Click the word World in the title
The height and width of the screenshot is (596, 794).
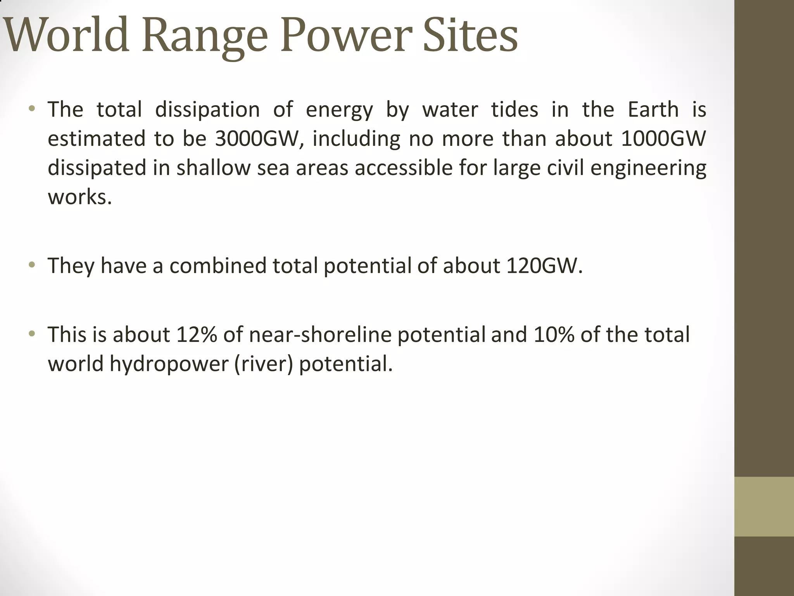click(x=66, y=36)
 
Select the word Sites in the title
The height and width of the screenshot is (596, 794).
click(x=470, y=36)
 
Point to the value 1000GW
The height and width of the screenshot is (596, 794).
click(x=663, y=139)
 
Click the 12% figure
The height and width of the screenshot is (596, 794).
click(x=197, y=334)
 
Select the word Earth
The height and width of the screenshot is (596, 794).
click(x=653, y=109)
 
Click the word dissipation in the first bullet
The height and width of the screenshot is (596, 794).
click(x=207, y=109)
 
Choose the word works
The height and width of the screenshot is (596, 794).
click(x=79, y=197)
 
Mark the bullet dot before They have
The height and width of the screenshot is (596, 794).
click(x=32, y=265)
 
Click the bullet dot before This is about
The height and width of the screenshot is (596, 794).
click(x=32, y=334)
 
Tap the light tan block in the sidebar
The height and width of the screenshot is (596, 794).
click(x=764, y=506)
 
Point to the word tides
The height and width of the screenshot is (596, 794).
click(x=515, y=109)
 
